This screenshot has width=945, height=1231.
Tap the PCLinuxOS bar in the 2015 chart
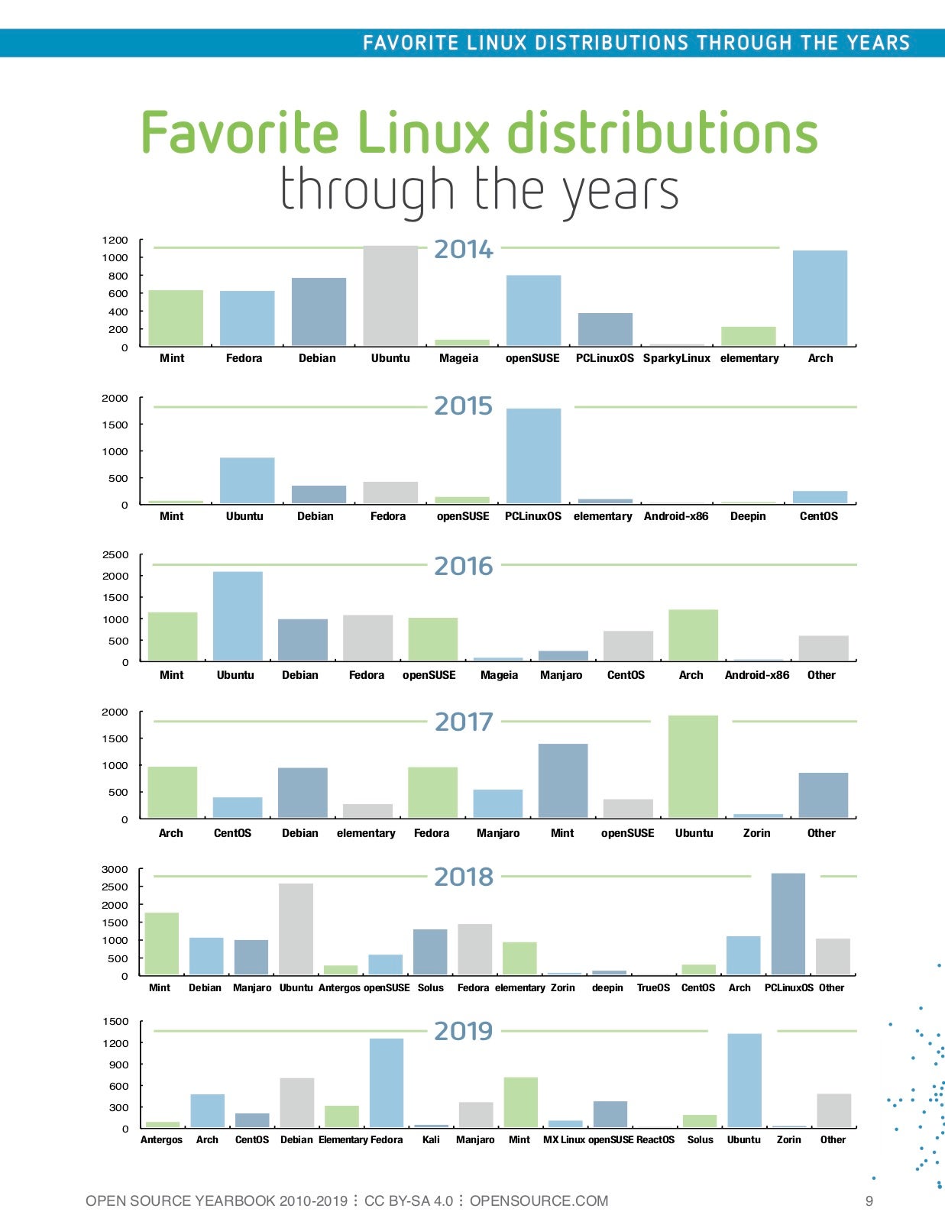(x=533, y=456)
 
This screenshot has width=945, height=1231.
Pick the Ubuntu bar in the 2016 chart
(x=238, y=616)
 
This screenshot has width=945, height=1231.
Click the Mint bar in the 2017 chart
(x=563, y=780)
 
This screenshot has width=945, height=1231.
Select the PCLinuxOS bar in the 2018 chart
(x=788, y=924)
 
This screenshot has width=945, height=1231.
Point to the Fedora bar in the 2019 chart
(x=387, y=1082)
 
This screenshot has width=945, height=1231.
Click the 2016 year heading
(x=464, y=567)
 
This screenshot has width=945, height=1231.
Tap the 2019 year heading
(x=464, y=1031)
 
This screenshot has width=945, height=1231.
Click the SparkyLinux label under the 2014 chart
(x=676, y=358)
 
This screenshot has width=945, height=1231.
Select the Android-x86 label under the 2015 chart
(x=676, y=516)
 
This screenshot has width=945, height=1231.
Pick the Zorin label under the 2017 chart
(x=756, y=833)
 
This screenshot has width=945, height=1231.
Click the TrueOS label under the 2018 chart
(x=653, y=987)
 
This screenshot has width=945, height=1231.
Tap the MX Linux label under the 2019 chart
(x=564, y=1139)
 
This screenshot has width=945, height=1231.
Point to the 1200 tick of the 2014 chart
(x=115, y=240)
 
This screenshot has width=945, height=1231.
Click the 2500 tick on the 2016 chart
(x=115, y=554)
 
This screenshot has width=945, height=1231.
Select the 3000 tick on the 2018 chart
(x=115, y=869)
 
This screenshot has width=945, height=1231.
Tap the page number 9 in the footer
(x=869, y=1201)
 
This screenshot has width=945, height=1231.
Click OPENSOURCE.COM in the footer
(x=539, y=1201)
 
